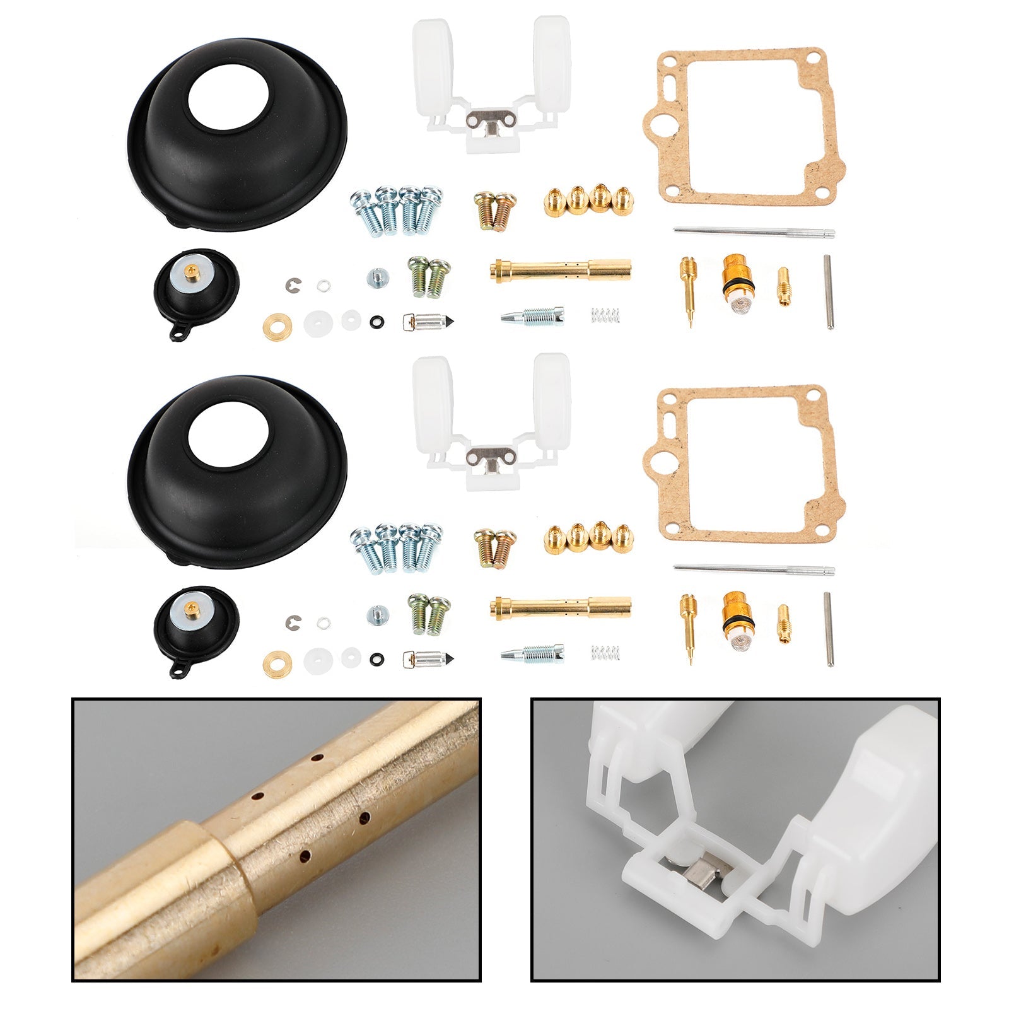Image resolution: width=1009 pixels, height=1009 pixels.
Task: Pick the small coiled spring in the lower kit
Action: click(605, 653)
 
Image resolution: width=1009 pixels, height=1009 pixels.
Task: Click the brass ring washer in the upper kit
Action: click(277, 327)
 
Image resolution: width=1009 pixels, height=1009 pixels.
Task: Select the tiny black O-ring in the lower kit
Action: click(377, 660)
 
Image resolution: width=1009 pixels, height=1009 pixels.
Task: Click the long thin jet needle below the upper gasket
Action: click(754, 233)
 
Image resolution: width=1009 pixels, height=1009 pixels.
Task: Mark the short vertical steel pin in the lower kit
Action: click(829, 629)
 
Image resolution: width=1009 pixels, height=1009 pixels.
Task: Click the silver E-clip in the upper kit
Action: click(293, 285)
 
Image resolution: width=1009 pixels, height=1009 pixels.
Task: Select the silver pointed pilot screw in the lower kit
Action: click(533, 655)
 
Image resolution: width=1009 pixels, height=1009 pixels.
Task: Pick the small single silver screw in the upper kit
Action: click(376, 277)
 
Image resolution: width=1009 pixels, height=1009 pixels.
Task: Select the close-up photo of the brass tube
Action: click(276, 842)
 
